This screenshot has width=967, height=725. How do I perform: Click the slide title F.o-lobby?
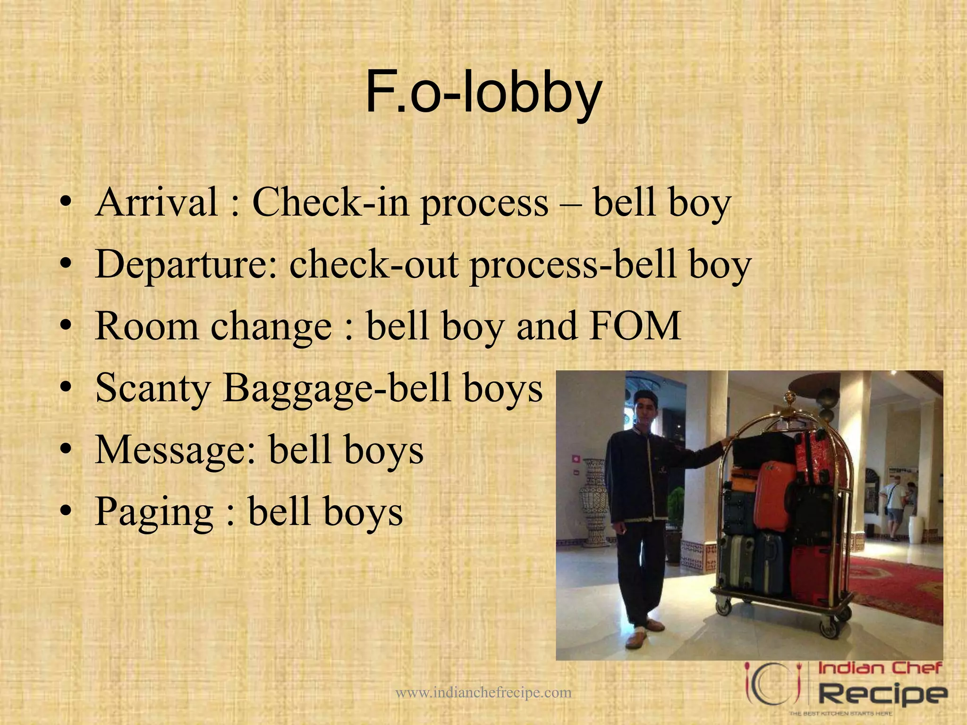click(483, 93)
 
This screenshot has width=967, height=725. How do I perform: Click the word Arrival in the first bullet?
click(156, 202)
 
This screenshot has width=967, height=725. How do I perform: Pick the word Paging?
click(154, 512)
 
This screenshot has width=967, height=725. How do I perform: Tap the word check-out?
click(373, 264)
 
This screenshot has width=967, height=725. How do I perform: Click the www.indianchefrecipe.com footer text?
click(483, 692)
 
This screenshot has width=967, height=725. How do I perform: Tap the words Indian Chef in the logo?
click(879, 668)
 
